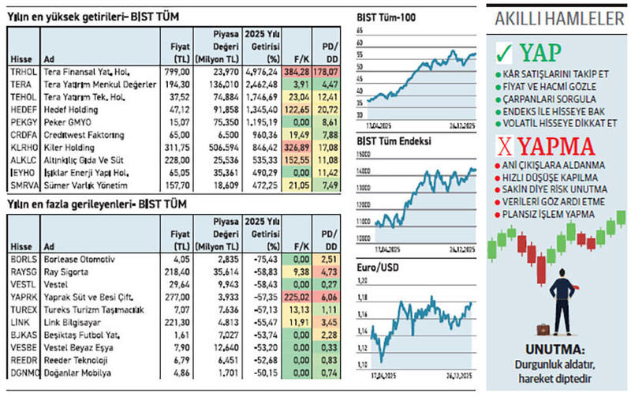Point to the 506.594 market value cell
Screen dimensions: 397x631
pyautogui.click(x=217, y=146)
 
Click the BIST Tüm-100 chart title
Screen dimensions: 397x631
pyautogui.click(x=388, y=17)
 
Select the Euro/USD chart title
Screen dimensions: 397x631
pyautogui.click(x=378, y=268)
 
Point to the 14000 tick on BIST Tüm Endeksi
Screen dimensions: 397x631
pyautogui.click(x=363, y=170)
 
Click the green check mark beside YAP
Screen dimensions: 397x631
pyautogui.click(x=505, y=54)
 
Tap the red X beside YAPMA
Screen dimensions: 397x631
pyautogui.click(x=505, y=145)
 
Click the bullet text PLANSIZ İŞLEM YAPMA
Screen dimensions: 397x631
pyautogui.click(x=551, y=213)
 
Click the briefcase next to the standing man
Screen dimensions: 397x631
pyautogui.click(x=544, y=329)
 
